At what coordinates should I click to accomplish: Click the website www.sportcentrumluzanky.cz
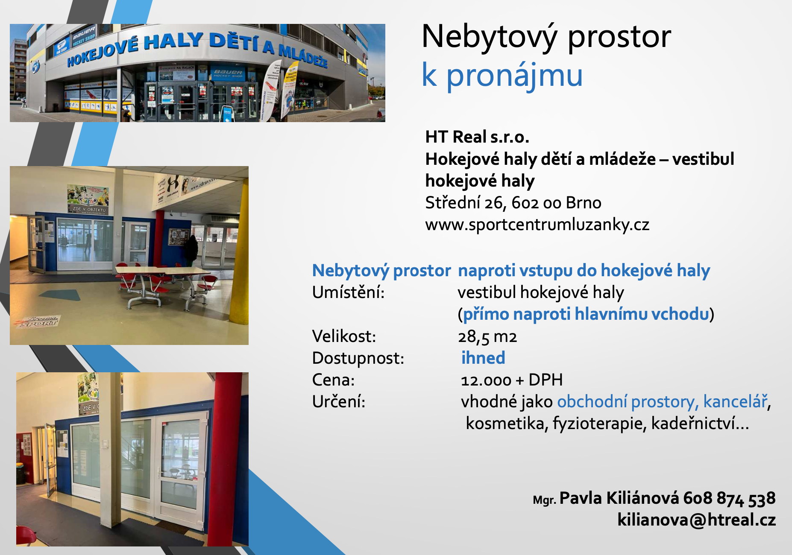pyautogui.click(x=537, y=225)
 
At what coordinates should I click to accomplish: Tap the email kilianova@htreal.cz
pyautogui.click(x=696, y=520)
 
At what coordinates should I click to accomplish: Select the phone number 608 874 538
pyautogui.click(x=729, y=498)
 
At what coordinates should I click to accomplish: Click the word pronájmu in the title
pyautogui.click(x=514, y=75)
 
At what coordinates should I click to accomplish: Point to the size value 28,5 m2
pyautogui.click(x=487, y=337)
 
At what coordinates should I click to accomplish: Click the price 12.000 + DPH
pyautogui.click(x=512, y=380)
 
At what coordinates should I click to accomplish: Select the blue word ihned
pyautogui.click(x=483, y=358)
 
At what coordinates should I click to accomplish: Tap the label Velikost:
pyautogui.click(x=344, y=336)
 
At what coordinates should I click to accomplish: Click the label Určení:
pyautogui.click(x=339, y=402)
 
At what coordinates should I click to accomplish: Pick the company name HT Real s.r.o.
pyautogui.click(x=477, y=137)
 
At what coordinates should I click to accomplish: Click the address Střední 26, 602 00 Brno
pyautogui.click(x=513, y=202)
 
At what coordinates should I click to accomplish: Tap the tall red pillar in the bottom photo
pyautogui.click(x=226, y=459)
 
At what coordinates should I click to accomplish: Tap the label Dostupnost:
pyautogui.click(x=358, y=358)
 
